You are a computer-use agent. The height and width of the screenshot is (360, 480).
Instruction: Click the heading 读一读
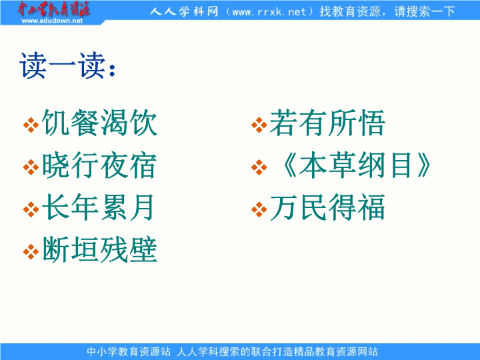[67, 65]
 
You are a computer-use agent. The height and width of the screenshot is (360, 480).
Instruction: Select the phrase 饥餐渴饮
[100, 123]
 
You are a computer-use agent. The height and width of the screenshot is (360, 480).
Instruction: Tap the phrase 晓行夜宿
[100, 165]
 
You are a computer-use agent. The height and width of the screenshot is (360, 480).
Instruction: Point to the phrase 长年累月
[98, 207]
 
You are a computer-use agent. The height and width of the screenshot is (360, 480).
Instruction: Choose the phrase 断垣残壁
[100, 249]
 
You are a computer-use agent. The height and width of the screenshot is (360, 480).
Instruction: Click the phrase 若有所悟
[327, 123]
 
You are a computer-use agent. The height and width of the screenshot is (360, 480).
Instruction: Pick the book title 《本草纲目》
[354, 165]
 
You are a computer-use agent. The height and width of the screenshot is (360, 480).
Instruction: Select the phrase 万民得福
[327, 207]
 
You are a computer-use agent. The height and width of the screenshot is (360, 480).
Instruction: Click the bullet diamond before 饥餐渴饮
[31, 125]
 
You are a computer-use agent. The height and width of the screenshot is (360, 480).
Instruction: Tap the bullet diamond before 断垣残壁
[31, 251]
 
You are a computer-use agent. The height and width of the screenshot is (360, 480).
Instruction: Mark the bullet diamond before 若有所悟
[259, 125]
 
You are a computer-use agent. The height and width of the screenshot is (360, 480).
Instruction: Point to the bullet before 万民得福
[259, 209]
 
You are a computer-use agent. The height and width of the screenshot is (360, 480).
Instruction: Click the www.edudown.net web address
[52, 21]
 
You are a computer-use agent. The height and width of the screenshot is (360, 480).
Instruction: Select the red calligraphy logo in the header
[53, 9]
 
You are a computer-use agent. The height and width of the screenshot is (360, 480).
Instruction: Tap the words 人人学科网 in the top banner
[184, 11]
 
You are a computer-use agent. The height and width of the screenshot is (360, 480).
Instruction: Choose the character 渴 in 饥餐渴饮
[114, 123]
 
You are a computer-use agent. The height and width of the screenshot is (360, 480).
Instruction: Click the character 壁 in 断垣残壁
[143, 249]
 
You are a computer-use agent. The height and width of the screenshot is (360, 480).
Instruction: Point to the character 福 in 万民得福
[371, 207]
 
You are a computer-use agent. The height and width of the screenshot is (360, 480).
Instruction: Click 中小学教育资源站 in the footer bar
[129, 351]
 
